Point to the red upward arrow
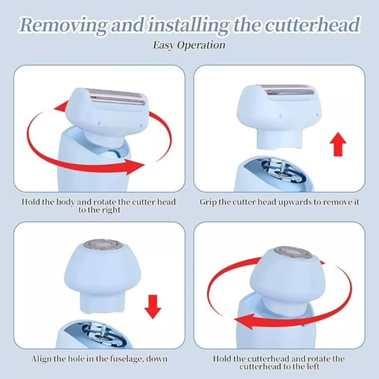click(x=338, y=144)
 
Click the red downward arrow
click(x=152, y=307)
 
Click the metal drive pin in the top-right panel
click(x=282, y=167)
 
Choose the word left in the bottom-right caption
click(x=312, y=366)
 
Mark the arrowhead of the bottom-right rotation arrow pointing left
click(x=244, y=321)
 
